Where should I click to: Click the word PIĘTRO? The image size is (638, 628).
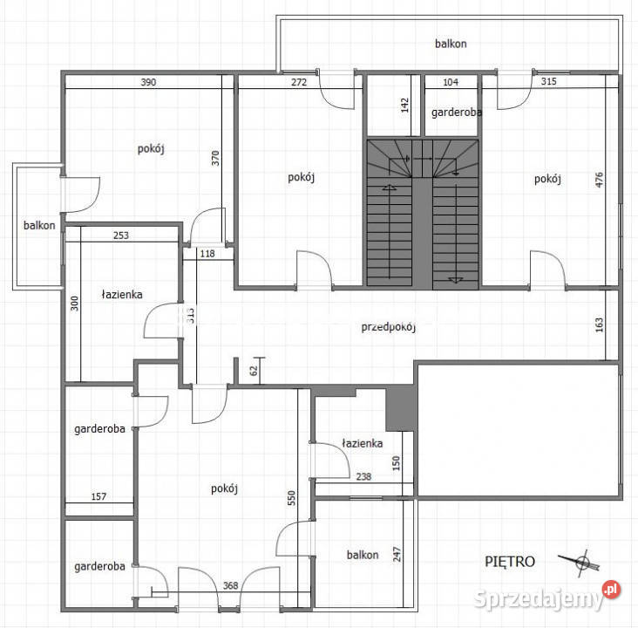[510, 562]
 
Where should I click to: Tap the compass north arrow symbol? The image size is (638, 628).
[581, 563]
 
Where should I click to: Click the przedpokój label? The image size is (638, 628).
[389, 327]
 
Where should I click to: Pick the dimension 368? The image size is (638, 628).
[230, 585]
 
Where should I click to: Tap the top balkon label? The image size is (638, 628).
[451, 43]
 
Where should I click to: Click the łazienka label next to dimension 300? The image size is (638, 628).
[122, 295]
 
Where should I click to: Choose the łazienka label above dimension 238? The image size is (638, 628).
[362, 443]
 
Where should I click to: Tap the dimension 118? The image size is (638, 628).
[207, 254]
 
